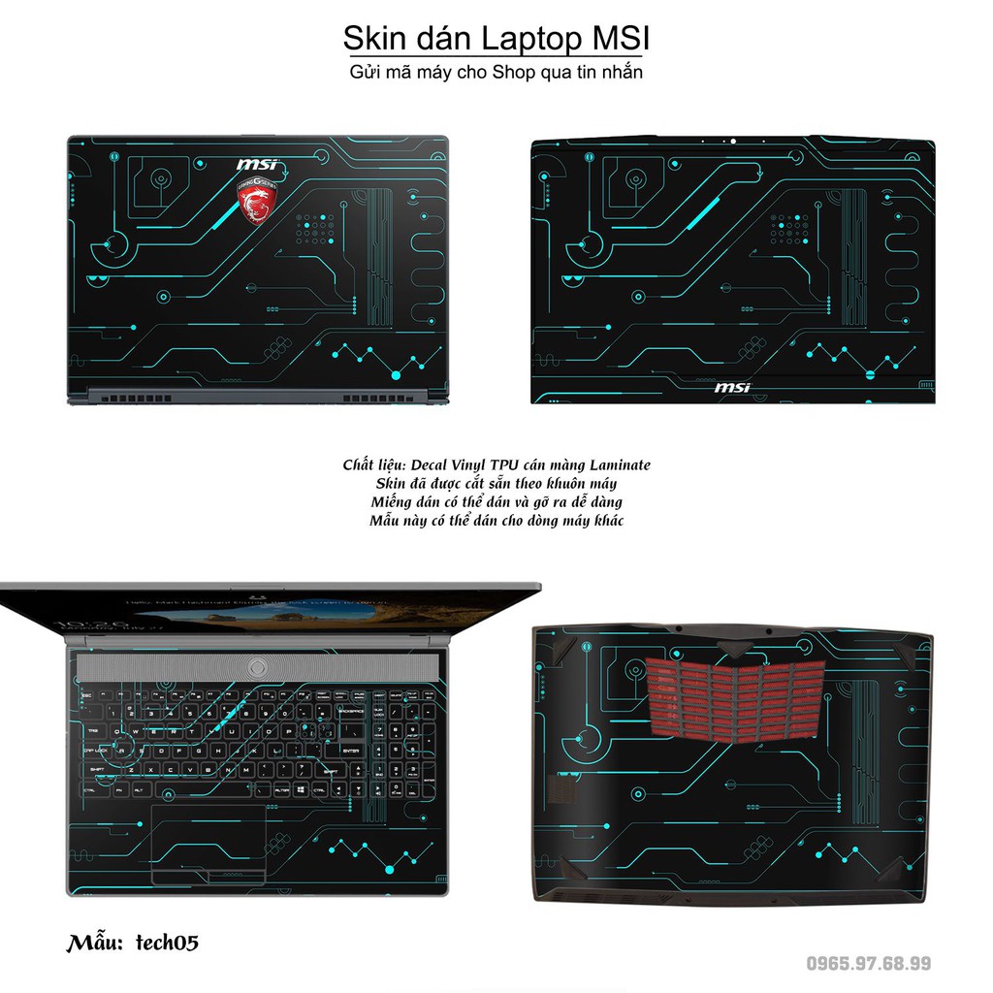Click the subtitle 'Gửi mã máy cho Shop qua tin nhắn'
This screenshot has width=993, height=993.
point(496,73)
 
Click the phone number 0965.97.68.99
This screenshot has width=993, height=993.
point(869,963)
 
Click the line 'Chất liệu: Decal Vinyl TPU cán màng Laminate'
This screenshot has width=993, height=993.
point(496,464)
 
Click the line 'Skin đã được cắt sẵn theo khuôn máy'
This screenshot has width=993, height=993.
point(496,483)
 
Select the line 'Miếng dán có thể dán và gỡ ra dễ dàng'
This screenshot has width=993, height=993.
point(496,501)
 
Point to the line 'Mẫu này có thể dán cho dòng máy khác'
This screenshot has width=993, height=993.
point(496,521)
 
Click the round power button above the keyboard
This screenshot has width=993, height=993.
point(256,666)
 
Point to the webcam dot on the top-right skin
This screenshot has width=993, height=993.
point(734,142)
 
